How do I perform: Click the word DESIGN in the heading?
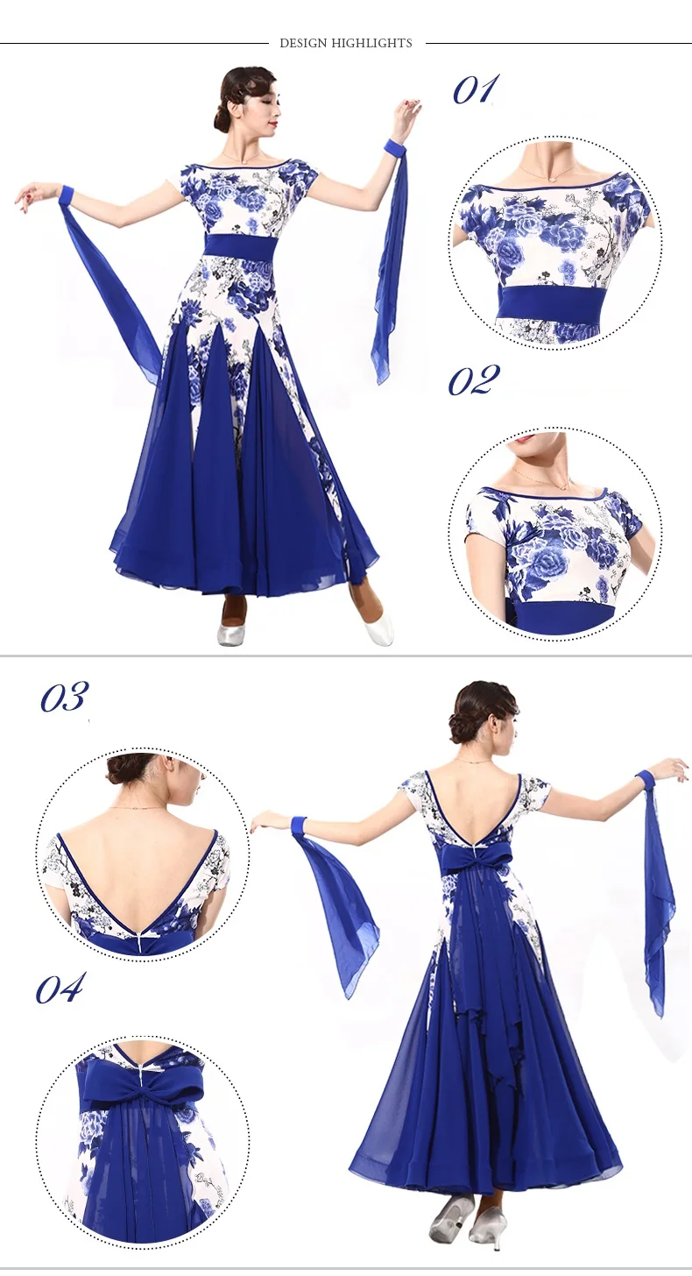[x=304, y=43]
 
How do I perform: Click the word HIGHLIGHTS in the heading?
[x=371, y=43]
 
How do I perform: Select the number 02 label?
[x=474, y=380]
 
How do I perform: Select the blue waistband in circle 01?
[x=550, y=301]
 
